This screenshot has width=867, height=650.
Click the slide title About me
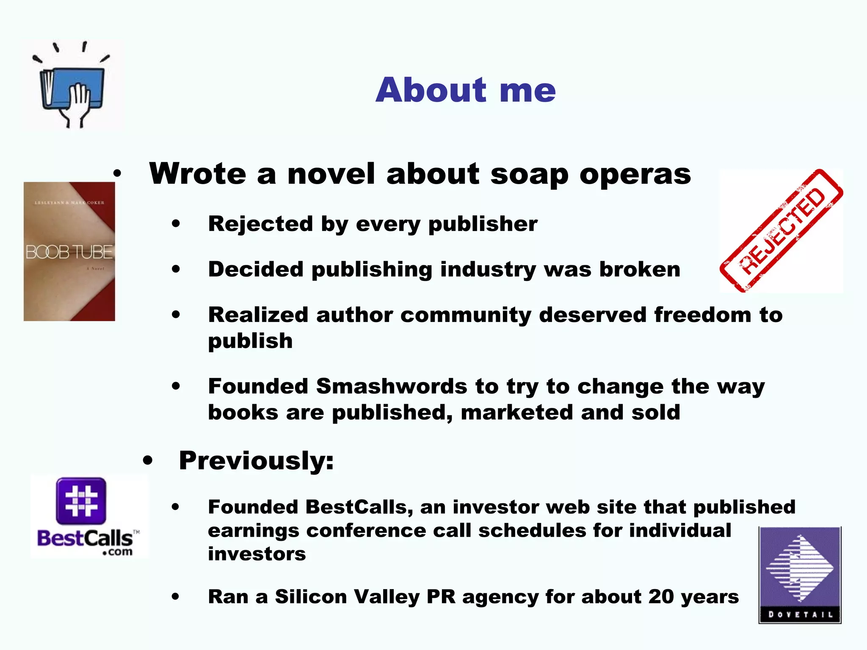(465, 90)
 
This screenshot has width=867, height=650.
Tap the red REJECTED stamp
(781, 231)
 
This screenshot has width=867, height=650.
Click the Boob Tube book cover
(69, 251)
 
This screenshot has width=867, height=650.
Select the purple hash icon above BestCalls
(81, 501)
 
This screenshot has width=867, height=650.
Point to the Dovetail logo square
(800, 575)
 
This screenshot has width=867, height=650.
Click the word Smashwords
(392, 386)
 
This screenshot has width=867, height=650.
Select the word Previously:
(256, 460)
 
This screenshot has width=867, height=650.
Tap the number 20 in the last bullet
(662, 597)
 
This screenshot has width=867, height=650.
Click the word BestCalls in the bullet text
(356, 507)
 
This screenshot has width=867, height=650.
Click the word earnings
(253, 531)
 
